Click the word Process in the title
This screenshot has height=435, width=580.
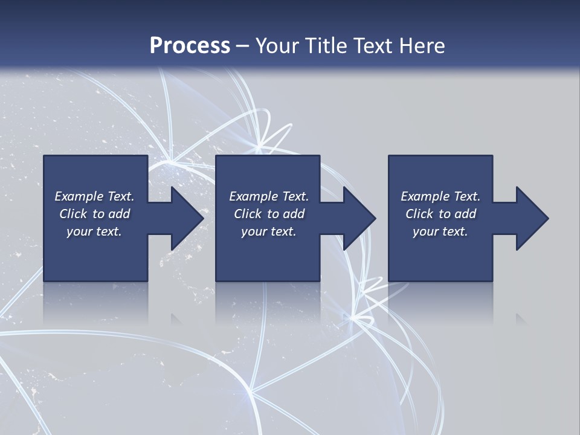pyautogui.click(x=190, y=46)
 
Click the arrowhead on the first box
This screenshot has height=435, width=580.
pyautogui.click(x=185, y=218)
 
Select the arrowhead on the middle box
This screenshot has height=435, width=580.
pyautogui.click(x=357, y=218)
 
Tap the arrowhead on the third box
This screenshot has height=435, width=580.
pyautogui.click(x=530, y=218)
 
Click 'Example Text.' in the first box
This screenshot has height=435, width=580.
pyautogui.click(x=94, y=196)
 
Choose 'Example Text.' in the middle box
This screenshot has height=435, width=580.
pyautogui.click(x=269, y=196)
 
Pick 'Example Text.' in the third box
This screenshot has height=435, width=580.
pyautogui.click(x=440, y=196)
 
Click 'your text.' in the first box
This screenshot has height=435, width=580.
pyautogui.click(x=94, y=231)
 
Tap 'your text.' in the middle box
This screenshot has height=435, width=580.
pyautogui.click(x=269, y=231)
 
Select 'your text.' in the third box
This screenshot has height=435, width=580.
pyautogui.click(x=440, y=231)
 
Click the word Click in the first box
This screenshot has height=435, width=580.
pyautogui.click(x=73, y=214)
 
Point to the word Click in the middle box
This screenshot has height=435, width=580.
pyautogui.click(x=248, y=214)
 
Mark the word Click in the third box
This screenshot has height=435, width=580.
pyautogui.click(x=419, y=214)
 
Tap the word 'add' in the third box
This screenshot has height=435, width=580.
pyautogui.click(x=466, y=214)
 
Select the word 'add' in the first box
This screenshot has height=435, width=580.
pyautogui.click(x=120, y=214)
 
